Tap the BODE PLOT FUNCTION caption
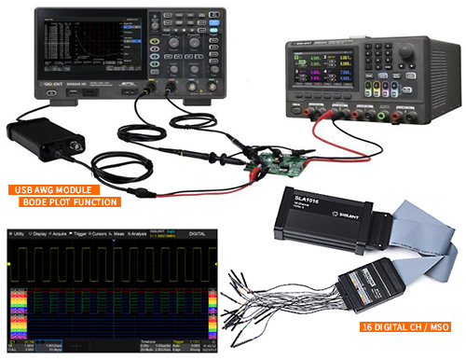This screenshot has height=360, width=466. click(x=70, y=201)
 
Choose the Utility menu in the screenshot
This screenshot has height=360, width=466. click(x=18, y=233)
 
